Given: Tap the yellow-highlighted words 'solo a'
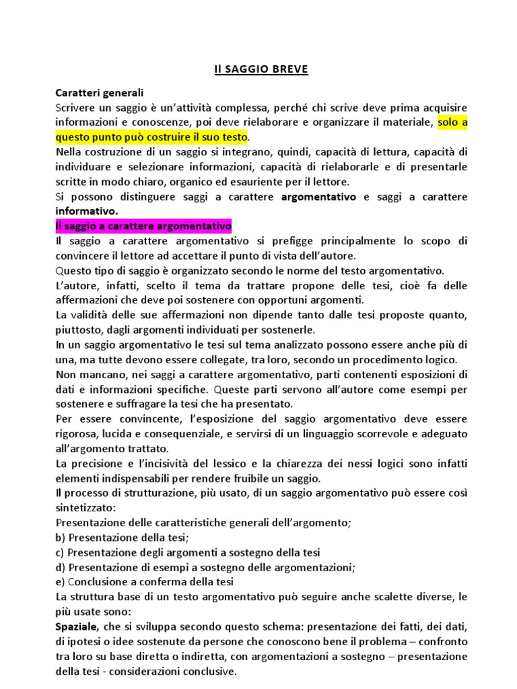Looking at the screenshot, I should (x=452, y=122).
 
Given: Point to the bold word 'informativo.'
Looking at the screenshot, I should (x=86, y=211).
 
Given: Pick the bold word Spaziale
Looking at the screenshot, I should (x=77, y=626).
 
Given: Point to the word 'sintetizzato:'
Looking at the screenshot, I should (x=85, y=508).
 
